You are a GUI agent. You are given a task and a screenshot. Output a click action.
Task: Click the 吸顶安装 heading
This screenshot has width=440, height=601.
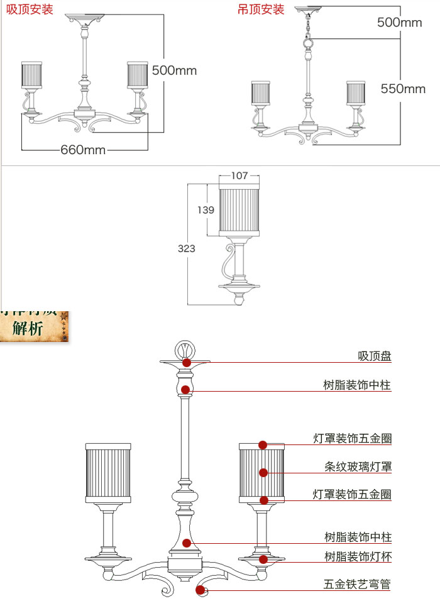[30, 9]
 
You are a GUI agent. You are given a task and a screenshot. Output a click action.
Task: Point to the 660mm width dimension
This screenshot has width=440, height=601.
[83, 150]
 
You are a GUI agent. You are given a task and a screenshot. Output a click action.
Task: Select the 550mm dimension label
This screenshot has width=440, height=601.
[403, 89]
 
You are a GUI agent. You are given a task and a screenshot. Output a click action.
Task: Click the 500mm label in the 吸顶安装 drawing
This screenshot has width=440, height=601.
[174, 70]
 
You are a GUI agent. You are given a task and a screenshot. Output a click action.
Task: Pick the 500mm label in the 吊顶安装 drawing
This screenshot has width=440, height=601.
[399, 23]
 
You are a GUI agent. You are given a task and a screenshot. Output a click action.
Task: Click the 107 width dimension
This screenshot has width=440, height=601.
[239, 175]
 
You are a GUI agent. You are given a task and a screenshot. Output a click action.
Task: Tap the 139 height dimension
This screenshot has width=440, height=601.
[206, 210]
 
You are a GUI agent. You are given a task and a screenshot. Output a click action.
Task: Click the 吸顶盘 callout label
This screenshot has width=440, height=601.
[375, 356]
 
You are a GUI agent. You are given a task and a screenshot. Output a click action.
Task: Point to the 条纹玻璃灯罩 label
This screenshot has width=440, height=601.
[358, 466]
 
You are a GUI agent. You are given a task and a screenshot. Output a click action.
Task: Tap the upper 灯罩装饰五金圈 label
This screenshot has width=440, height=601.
[352, 438]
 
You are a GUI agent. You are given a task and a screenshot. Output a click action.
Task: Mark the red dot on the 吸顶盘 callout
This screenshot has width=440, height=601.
[187, 363]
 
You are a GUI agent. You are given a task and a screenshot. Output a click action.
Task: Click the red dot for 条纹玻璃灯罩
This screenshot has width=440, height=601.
[263, 472]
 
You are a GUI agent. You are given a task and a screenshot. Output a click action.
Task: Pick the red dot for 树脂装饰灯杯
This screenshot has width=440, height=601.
[264, 559]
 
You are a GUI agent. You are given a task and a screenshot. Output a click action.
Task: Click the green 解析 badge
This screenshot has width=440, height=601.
[31, 328]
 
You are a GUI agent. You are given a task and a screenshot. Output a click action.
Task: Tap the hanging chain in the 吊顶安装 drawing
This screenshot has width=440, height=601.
[307, 26]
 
